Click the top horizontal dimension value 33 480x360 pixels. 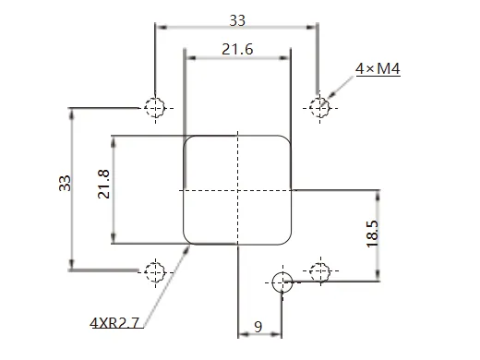[237, 19]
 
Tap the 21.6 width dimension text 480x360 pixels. [237, 50]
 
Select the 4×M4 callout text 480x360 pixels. [378, 69]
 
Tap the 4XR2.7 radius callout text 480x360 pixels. [115, 322]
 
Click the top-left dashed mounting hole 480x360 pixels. [154, 107]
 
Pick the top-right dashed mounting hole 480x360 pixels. [319, 107]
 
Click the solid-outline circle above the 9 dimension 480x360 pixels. [282, 282]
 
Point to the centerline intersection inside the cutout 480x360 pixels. [238, 190]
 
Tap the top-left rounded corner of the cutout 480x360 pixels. [189, 141]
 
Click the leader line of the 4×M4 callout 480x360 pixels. [342, 88]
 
